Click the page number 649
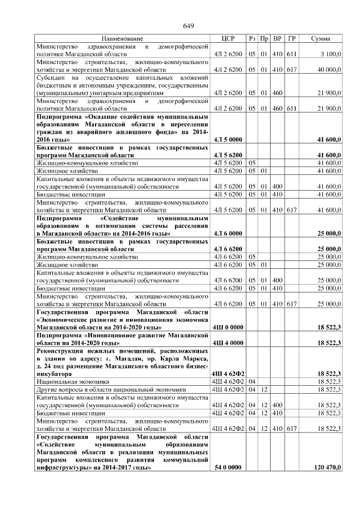pos(188,26)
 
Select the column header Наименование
pos(122,38)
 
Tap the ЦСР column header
pos(228,38)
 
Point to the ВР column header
pos(277,38)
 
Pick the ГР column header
pos(291,38)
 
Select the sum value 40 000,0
pos(328,70)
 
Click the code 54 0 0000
pos(228,467)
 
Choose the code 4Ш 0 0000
pos(228,327)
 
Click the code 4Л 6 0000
pos(228,233)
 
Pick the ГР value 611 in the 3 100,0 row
pos(291,54)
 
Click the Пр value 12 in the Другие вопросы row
pos(264,389)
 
